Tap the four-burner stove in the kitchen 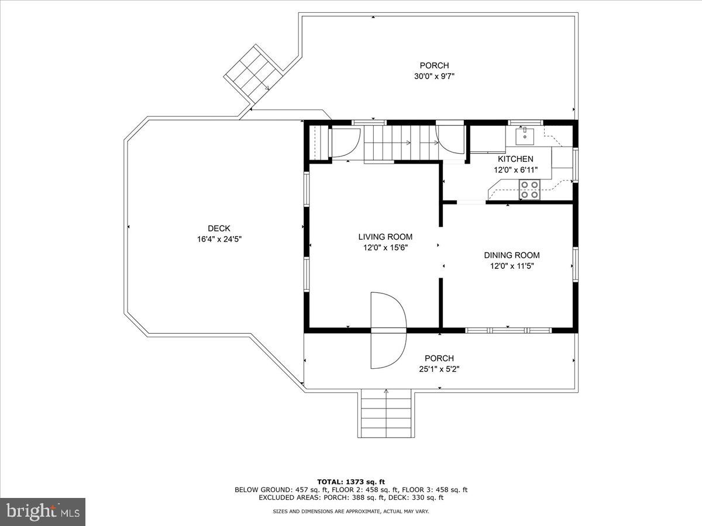[x=530, y=190]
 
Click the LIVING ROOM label [x=385, y=237]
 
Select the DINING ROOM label [x=511, y=255]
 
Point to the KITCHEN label [x=515, y=159]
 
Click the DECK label [x=219, y=228]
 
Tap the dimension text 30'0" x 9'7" [x=434, y=76]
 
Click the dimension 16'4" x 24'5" [x=219, y=239]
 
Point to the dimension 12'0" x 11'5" [x=511, y=266]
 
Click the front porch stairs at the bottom [x=386, y=414]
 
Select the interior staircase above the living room [x=401, y=143]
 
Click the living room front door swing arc [x=388, y=331]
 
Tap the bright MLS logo [x=43, y=511]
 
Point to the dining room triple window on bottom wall [x=508, y=330]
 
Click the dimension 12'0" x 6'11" [x=515, y=170]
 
